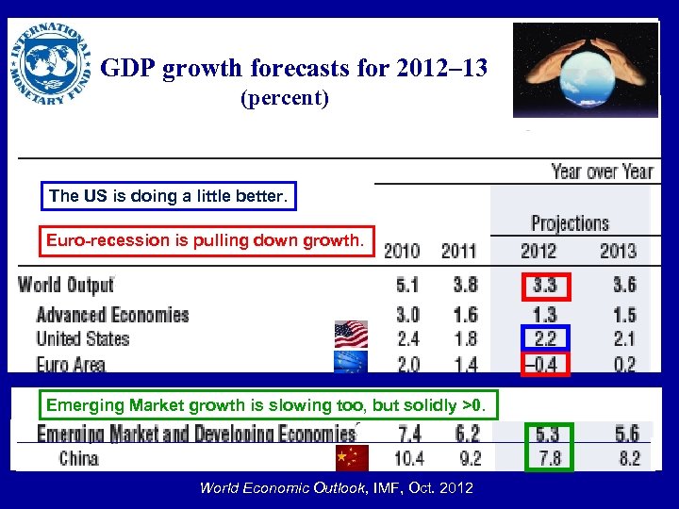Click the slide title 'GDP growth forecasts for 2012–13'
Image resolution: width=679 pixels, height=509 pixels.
point(293,69)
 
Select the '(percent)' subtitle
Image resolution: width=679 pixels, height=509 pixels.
point(285,98)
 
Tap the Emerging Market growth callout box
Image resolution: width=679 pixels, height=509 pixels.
point(267,405)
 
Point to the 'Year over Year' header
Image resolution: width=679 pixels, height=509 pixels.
point(601,172)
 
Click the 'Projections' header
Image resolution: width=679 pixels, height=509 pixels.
point(570,223)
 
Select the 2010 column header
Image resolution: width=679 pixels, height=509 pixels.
point(401,251)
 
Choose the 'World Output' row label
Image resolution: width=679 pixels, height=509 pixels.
point(66,284)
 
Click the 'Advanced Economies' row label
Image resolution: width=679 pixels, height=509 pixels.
point(112,314)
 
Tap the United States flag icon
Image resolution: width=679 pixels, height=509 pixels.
point(351,335)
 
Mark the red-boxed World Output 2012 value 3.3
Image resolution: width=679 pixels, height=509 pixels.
point(544,285)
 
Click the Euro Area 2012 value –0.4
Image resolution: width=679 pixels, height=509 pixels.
point(543,364)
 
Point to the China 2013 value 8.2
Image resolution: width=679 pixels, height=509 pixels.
point(626,459)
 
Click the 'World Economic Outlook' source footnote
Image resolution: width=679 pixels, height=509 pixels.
point(337,487)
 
